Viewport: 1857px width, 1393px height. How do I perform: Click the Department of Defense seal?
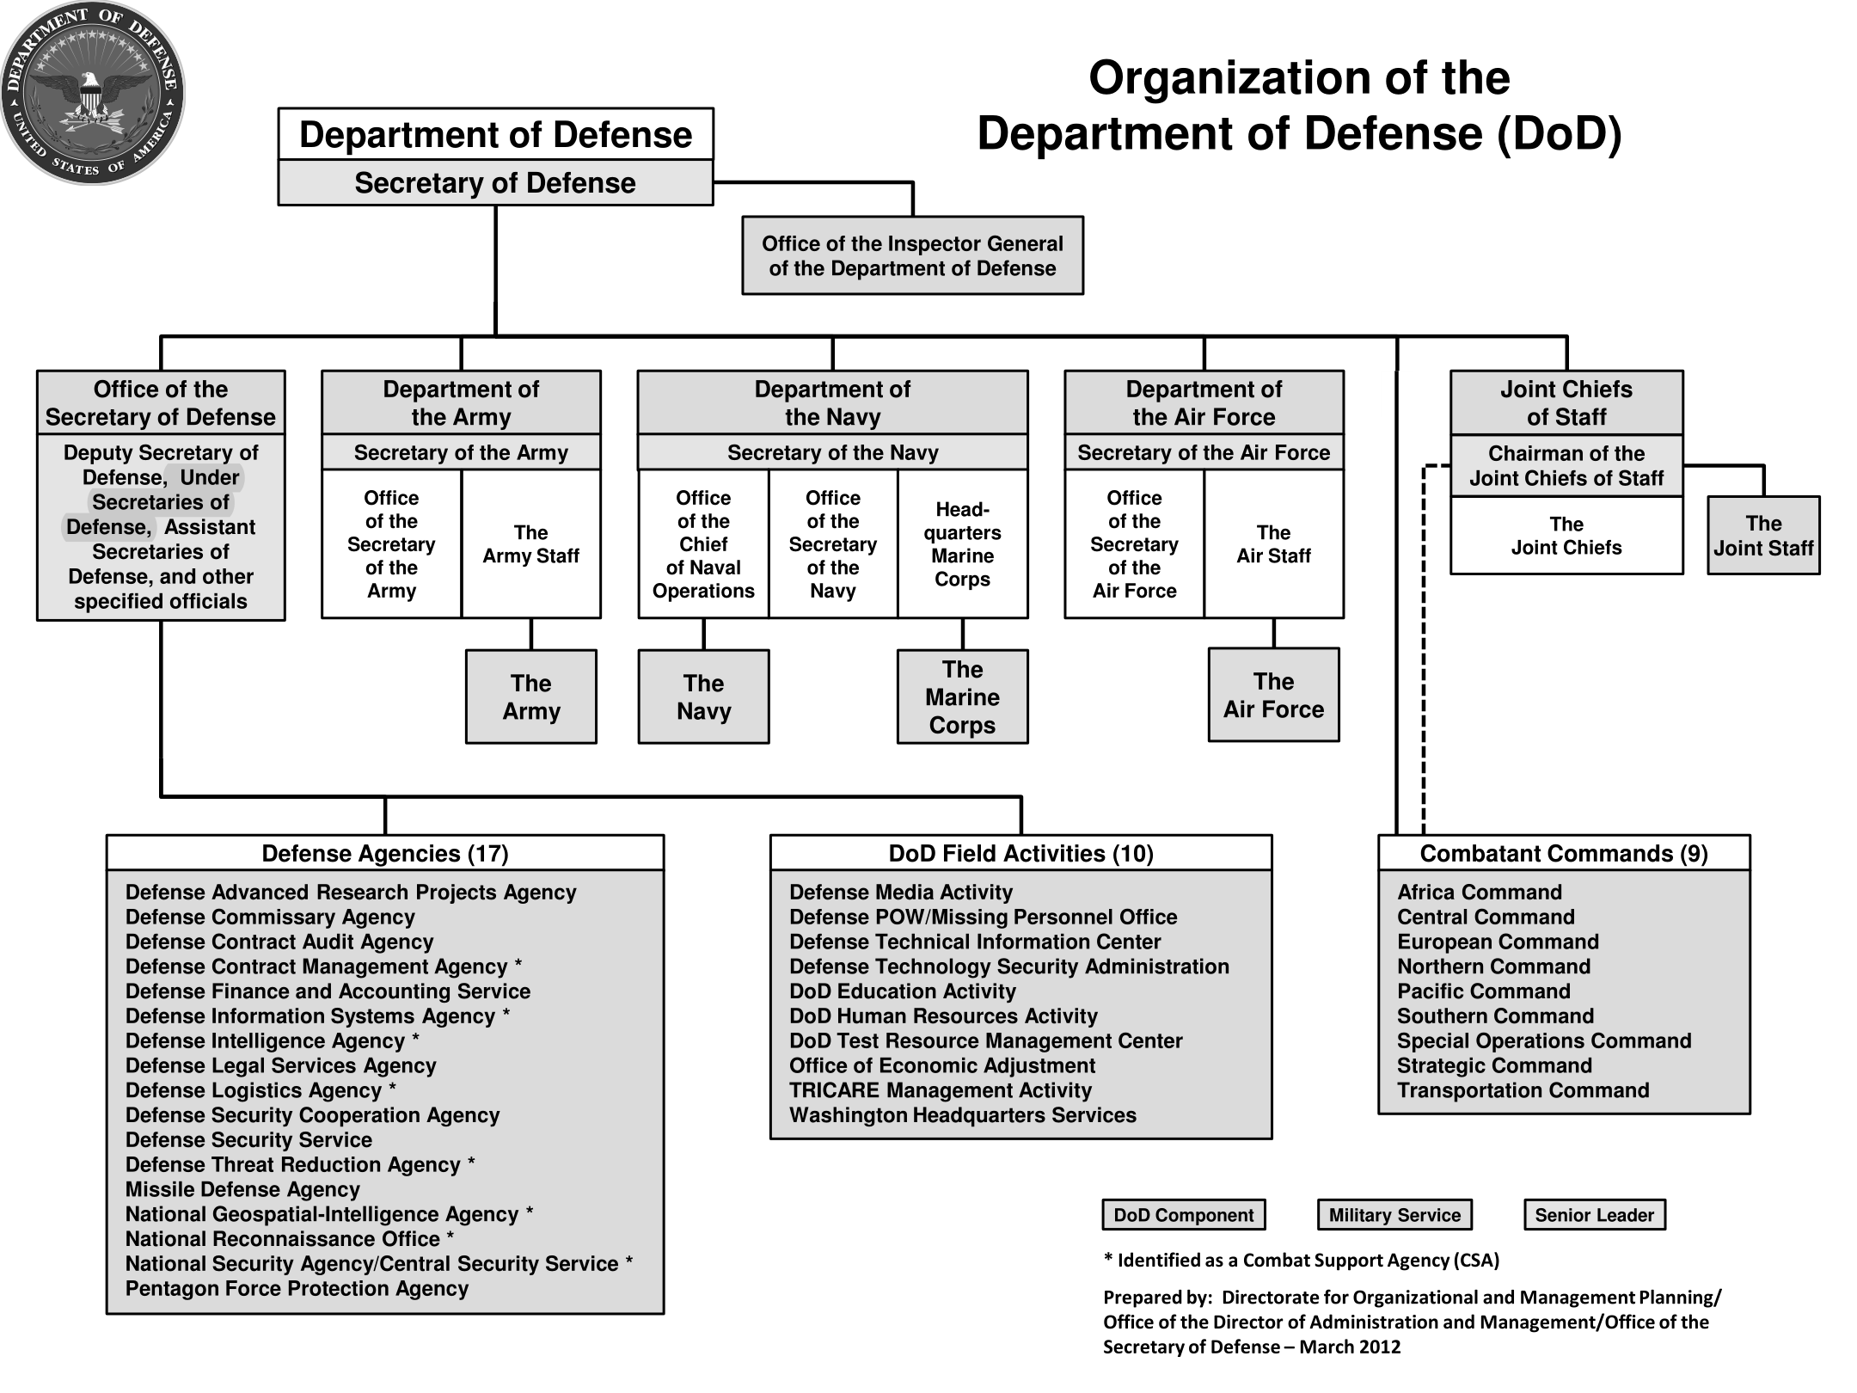93,93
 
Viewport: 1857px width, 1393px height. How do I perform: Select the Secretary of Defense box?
495,182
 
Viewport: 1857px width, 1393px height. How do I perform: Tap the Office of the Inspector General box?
912,255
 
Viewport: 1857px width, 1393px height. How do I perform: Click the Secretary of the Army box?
461,452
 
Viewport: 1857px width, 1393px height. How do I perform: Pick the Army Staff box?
530,543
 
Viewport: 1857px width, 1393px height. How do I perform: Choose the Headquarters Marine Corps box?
962,543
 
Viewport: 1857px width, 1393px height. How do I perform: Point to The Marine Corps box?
962,696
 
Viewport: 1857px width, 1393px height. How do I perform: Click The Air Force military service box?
1273,695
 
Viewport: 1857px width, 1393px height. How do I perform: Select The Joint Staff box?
1763,535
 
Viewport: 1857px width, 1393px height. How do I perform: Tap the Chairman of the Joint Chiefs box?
1566,465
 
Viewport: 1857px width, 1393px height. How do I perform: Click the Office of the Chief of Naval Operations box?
703,543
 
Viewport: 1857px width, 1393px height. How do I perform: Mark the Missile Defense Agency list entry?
242,1189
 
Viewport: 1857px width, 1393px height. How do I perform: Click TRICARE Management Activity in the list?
941,1090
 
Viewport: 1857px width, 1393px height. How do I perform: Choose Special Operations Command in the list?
1544,1040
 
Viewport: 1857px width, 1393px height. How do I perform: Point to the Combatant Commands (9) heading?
1564,853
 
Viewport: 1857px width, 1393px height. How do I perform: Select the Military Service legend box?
1394,1215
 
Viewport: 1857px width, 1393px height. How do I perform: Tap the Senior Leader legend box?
1595,1215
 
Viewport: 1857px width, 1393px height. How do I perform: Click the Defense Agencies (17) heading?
385,853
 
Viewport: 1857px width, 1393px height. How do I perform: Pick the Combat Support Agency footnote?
1302,1261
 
